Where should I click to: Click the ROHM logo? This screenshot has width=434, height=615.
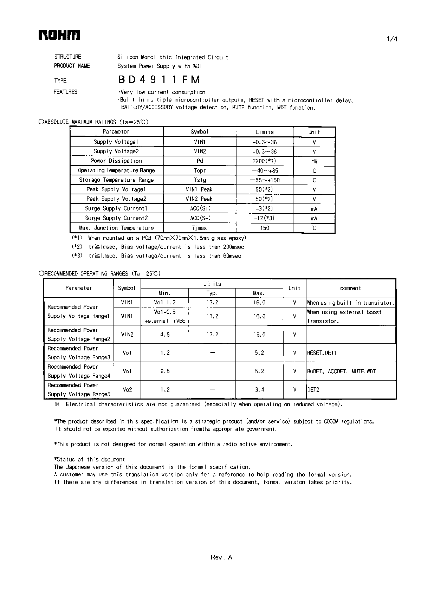[59, 35]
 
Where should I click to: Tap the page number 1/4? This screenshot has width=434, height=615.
[392, 39]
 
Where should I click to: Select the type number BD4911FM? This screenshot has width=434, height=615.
[159, 80]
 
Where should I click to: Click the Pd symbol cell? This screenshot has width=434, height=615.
[200, 161]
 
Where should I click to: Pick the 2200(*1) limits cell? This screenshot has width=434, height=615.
[264, 161]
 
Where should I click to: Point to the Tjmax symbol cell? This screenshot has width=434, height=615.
[200, 228]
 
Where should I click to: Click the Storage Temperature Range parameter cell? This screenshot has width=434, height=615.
[116, 180]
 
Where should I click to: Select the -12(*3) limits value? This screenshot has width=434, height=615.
[264, 218]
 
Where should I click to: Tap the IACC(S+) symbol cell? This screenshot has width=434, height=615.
[200, 208]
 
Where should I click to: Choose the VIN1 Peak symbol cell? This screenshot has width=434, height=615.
[200, 189]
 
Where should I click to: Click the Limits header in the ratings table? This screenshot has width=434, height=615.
[264, 132]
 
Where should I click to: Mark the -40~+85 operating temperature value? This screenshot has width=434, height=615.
[264, 170]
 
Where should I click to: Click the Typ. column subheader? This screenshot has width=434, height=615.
[212, 293]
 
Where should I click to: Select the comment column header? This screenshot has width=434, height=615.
[350, 288]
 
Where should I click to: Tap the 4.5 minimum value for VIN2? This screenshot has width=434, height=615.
[164, 335]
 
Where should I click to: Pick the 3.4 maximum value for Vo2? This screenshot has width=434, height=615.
[259, 389]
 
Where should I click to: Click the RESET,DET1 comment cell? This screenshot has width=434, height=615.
[322, 353]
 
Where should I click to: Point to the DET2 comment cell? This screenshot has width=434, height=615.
[313, 389]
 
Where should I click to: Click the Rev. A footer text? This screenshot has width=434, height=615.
[221, 557]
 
